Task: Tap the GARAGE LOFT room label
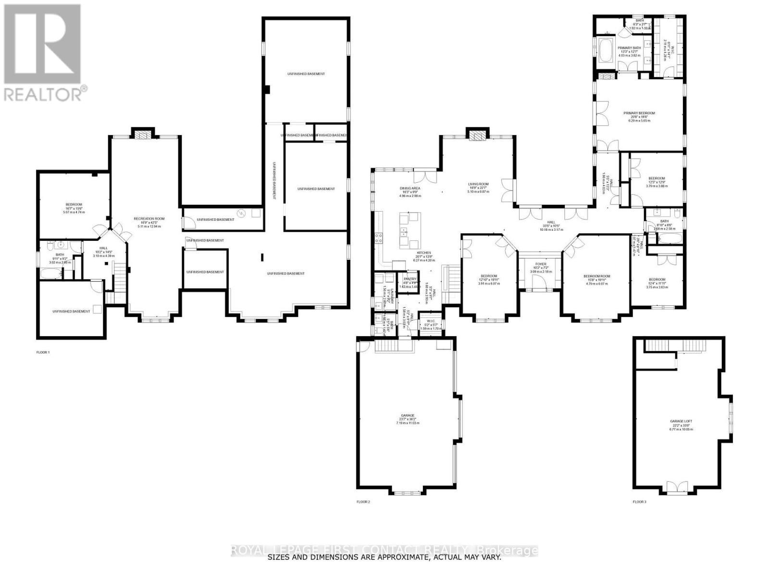pos(681,421)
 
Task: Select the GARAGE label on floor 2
pos(407,415)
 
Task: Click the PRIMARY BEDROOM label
pos(639,113)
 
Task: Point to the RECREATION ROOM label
pos(149,219)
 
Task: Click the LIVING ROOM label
pos(478,184)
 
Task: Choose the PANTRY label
pos(410,279)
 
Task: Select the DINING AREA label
pos(410,188)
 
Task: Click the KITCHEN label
pos(423,252)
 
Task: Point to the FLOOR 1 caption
pos(43,352)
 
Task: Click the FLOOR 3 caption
pos(639,502)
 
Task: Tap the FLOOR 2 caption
pos(363,502)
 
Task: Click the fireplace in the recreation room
pos(143,135)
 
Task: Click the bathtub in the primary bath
pos(604,50)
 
